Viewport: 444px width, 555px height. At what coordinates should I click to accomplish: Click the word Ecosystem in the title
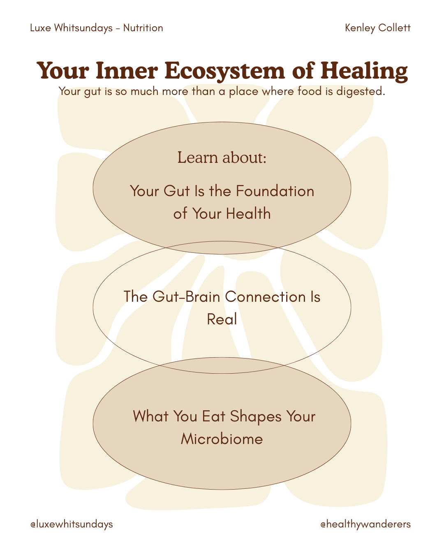point(224,71)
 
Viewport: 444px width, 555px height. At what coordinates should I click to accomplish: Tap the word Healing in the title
point(364,71)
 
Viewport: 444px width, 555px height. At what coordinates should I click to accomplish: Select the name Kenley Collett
point(377,28)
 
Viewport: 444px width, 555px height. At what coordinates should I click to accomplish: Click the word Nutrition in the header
point(143,28)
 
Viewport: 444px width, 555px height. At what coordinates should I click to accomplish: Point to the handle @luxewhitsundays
point(72,524)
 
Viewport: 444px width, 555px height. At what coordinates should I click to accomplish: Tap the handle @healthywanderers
point(365,524)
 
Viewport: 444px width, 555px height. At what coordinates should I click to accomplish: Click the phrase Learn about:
point(222,157)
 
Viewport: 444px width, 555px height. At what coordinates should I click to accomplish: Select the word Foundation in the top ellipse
point(275,191)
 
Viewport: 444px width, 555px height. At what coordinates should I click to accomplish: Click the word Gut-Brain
point(186,297)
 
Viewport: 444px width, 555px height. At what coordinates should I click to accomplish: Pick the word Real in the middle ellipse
point(222,319)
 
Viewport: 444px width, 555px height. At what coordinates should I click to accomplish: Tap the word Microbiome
point(222,439)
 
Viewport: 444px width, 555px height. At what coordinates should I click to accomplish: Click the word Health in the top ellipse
point(248,214)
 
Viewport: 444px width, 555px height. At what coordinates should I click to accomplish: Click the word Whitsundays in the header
point(83,28)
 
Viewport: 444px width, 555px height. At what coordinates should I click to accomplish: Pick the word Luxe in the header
point(40,28)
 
